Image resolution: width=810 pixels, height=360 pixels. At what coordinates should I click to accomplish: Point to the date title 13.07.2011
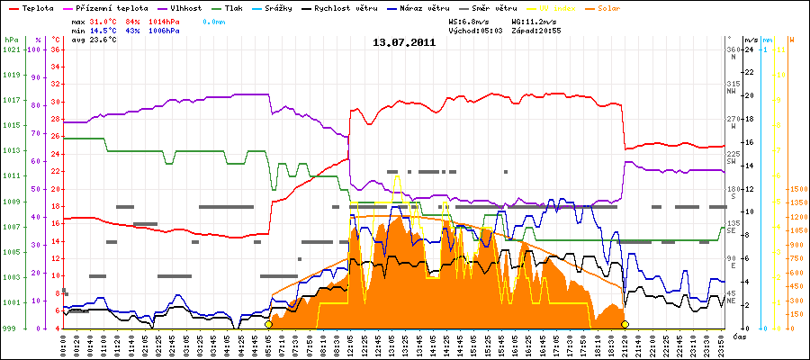click(405, 41)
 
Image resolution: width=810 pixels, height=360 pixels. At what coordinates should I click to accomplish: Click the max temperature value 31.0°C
click(103, 20)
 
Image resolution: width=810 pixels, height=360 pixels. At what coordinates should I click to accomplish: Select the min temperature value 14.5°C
click(103, 31)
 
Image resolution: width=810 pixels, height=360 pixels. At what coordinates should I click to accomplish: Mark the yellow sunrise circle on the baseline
click(269, 324)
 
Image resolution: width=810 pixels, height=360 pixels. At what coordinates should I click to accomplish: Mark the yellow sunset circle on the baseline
click(625, 324)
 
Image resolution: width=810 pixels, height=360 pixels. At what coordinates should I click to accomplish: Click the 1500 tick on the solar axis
click(796, 189)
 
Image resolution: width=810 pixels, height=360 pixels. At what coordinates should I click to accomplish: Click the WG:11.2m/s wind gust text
click(536, 20)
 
